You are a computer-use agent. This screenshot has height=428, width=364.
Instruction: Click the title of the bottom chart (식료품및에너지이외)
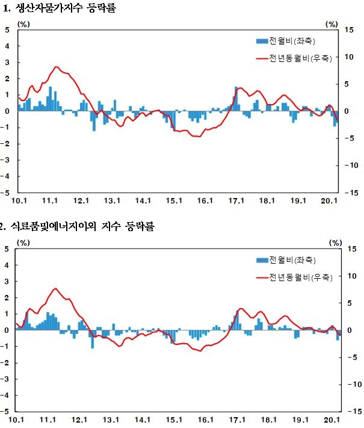coord(78,227)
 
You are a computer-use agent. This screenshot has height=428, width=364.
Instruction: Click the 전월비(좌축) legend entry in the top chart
coord(286,41)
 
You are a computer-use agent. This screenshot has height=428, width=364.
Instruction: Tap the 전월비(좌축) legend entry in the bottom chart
coord(286,260)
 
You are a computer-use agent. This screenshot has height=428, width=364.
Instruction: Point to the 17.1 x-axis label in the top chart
coord(236,201)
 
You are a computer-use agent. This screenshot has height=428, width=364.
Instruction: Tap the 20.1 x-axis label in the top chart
coord(330,201)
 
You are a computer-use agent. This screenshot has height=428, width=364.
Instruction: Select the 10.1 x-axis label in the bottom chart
coord(17,420)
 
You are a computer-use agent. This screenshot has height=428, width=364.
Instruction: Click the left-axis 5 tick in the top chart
coord(7,29)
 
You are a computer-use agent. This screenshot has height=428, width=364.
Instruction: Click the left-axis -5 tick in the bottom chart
coord(6,412)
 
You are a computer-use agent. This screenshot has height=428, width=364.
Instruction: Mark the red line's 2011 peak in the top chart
coord(56,67)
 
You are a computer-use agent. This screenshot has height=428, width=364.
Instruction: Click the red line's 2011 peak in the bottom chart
coord(55,289)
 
